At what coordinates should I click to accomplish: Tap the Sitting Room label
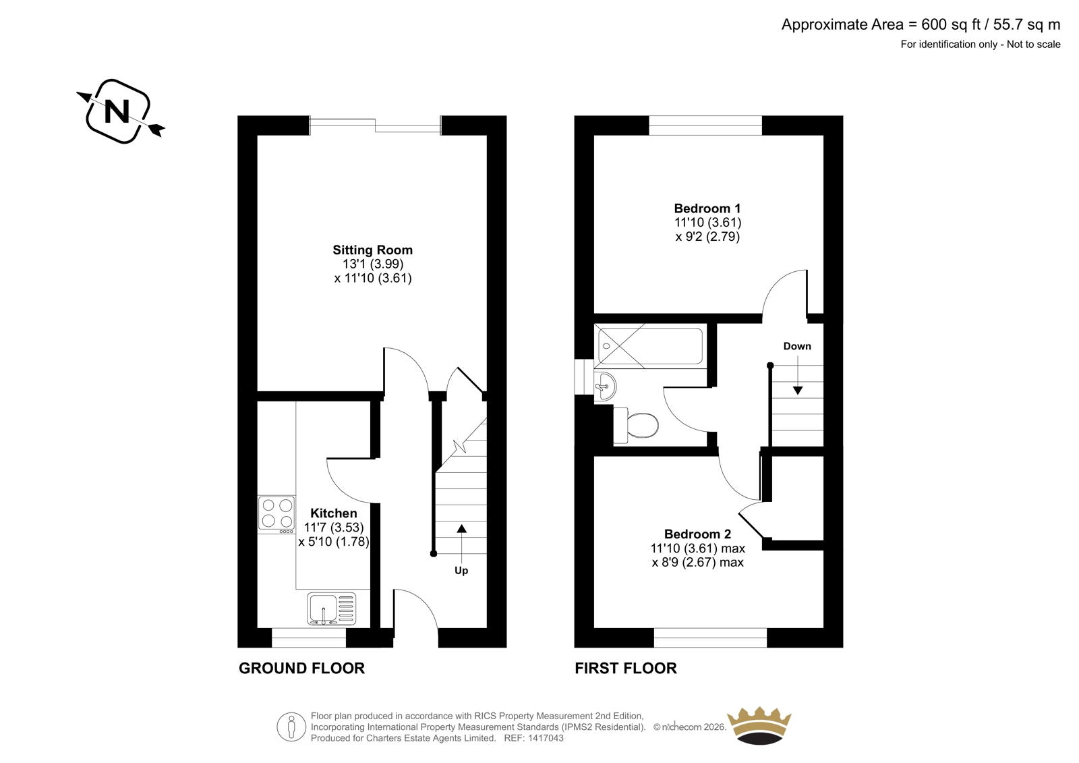[x=372, y=250]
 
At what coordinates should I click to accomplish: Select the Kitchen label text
[x=333, y=513]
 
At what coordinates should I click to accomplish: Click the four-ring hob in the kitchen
[x=276, y=514]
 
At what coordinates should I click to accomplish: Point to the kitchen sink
[x=331, y=609]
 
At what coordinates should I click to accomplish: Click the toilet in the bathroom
[x=636, y=425]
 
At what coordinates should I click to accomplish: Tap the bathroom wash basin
[x=605, y=386]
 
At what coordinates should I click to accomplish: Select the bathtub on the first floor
[x=650, y=346]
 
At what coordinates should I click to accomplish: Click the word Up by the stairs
[x=461, y=571]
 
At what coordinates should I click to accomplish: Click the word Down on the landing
[x=797, y=346]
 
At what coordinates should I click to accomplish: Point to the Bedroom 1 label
[x=707, y=208]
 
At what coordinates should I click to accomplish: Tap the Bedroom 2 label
[x=697, y=534]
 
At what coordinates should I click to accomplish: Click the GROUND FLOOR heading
[x=301, y=668]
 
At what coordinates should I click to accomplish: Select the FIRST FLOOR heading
[x=626, y=668]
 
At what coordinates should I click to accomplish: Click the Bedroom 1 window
[x=705, y=125]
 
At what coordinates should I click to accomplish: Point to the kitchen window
[x=309, y=638]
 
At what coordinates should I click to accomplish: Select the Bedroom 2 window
[x=710, y=638]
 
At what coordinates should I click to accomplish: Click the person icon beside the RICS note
[x=291, y=727]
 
